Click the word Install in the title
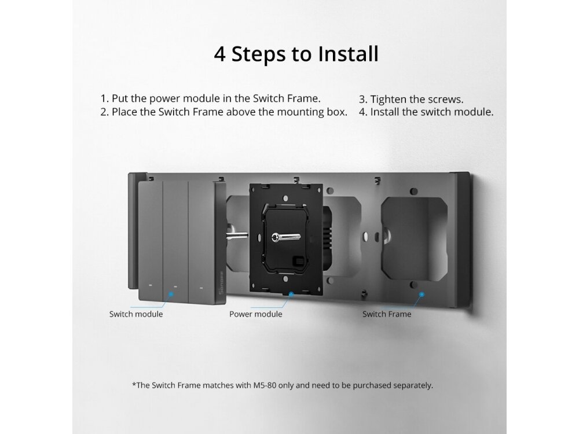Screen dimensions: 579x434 point(349,54)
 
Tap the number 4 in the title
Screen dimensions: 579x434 point(219,54)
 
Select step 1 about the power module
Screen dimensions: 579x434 point(211,98)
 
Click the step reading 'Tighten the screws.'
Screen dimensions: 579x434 point(411,100)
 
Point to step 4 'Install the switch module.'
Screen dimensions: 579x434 point(426,112)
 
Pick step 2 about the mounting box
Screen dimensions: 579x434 point(223,112)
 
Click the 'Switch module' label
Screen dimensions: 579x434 point(136,314)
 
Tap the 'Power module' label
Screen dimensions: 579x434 point(255,314)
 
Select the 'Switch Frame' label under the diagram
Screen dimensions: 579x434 point(387,314)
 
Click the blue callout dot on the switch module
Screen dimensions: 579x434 point(171,294)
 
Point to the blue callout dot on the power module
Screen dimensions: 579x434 point(291,294)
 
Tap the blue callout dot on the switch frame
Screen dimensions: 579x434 point(422,294)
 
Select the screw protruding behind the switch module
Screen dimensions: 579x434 point(237,235)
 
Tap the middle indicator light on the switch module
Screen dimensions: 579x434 point(175,286)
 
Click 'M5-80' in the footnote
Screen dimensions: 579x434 point(265,385)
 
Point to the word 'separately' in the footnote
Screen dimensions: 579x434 point(412,385)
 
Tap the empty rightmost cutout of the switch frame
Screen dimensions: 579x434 point(414,238)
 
